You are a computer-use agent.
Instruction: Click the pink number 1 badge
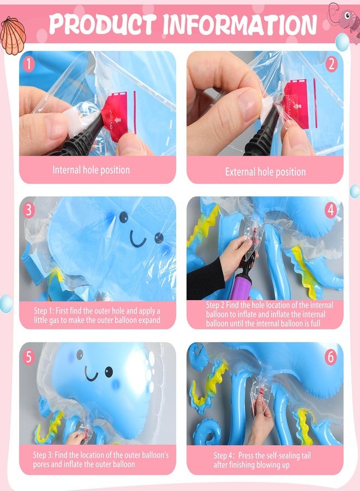(29, 64)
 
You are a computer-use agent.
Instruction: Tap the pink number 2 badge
(331, 64)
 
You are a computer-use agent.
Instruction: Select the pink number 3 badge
(29, 211)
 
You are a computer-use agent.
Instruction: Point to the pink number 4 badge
(331, 211)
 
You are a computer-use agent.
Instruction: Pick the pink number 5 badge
(29, 357)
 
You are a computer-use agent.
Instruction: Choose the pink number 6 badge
(331, 357)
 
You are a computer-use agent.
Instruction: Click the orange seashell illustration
(13, 35)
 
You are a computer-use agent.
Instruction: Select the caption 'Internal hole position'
(91, 170)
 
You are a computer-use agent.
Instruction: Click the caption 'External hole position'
(266, 172)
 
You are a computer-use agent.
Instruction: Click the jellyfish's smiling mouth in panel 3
(138, 240)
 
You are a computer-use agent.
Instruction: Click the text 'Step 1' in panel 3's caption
(44, 311)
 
